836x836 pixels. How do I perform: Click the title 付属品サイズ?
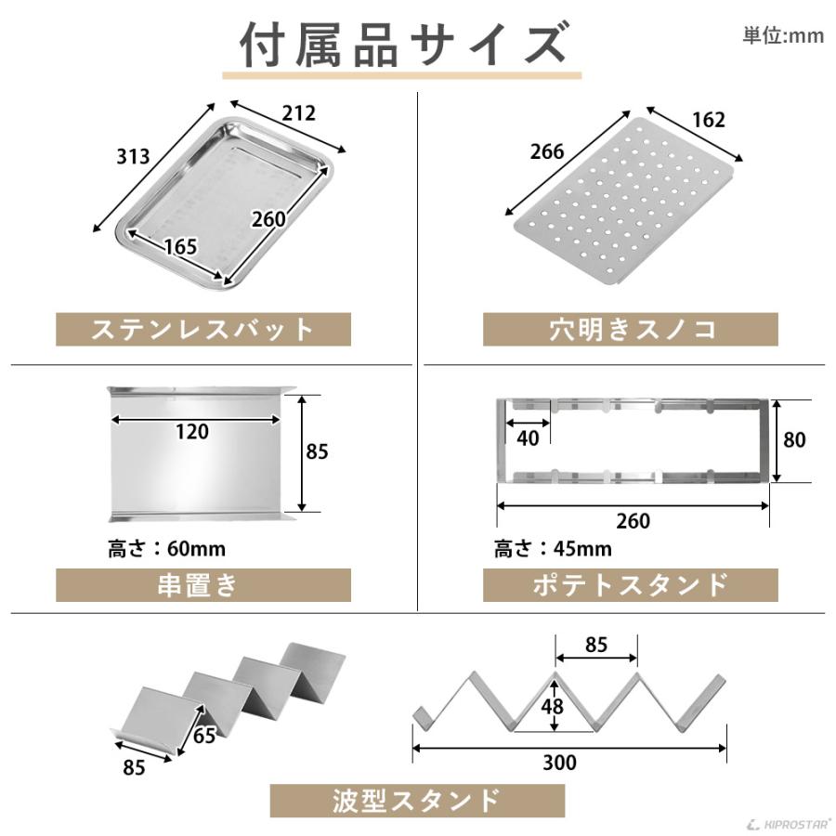pos(401,44)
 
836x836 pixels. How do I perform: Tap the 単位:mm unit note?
pos(782,35)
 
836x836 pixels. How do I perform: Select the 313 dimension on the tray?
pos(133,156)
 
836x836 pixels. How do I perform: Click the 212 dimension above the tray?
pos(299,113)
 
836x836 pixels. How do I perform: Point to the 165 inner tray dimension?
pos(180,247)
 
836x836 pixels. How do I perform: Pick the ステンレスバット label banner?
pos(203,329)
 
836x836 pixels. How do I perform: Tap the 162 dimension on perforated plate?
pos(708,119)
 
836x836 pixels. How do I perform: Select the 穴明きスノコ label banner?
pos(630,329)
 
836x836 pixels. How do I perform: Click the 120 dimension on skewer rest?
pos(191,431)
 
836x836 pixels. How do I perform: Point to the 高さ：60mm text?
pos(166,549)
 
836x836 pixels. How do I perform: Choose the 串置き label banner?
pos(203,585)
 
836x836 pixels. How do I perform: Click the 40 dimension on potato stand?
pos(528,438)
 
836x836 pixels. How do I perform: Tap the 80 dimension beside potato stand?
pos(793,439)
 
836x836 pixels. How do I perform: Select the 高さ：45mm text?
pos(553,549)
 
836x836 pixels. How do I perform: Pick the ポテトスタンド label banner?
pos(630,585)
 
